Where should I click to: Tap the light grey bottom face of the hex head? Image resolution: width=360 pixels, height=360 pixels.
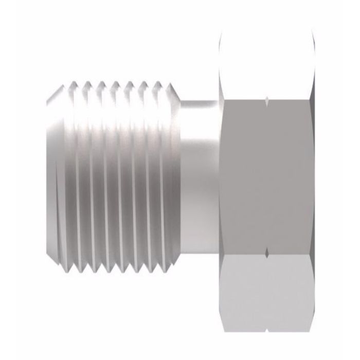[x=266, y=293]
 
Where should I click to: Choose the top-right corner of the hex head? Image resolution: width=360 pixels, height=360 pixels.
[x=313, y=32]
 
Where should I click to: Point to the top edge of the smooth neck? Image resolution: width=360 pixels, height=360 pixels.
[x=201, y=101]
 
